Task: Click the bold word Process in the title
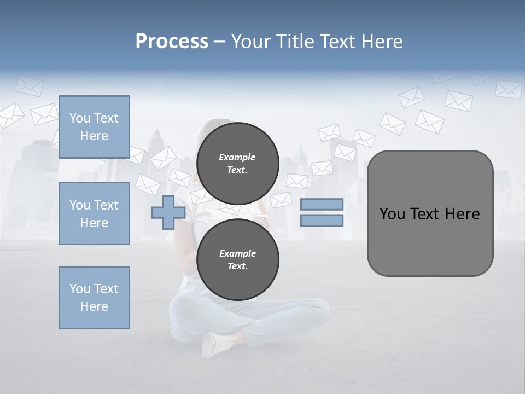172,42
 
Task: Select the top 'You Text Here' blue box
94,127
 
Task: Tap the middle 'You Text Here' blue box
94,213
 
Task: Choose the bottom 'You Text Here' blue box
94,298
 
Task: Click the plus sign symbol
168,212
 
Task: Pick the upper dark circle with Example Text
238,163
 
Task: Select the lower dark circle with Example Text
238,259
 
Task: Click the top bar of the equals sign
322,204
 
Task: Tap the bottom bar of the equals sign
322,221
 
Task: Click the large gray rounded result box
430,241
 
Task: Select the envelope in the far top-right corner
508,89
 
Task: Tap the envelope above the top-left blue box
28,86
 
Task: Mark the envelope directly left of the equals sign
281,200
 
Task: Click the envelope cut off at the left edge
11,115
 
